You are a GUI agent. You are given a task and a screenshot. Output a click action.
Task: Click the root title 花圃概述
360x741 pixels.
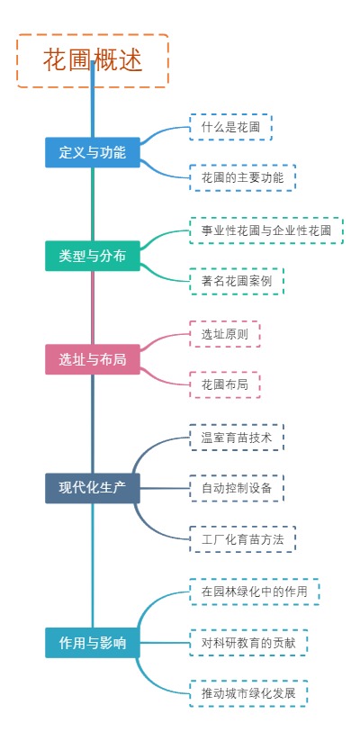(93, 60)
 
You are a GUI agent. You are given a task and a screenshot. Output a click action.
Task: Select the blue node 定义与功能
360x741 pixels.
(93, 152)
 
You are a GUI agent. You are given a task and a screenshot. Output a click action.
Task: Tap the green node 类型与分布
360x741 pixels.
(93, 256)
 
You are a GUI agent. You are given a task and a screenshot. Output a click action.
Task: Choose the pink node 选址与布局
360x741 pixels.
(93, 359)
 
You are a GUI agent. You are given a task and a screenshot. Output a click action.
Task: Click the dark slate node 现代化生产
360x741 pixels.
(93, 488)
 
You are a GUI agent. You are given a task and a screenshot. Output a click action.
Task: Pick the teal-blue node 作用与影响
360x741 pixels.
(93, 643)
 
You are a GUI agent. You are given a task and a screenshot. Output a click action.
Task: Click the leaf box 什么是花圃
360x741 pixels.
(230, 127)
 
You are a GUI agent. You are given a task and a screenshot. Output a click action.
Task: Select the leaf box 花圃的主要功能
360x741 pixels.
(242, 177)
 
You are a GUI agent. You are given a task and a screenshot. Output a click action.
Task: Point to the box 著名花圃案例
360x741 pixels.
(237, 281)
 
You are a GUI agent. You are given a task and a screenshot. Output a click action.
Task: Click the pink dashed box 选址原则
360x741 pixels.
(224, 334)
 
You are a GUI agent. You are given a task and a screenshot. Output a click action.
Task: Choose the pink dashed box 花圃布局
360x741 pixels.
(224, 384)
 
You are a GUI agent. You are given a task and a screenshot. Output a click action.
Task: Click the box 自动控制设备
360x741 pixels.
(237, 488)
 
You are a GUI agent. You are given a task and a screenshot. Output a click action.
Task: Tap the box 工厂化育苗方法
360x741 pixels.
(242, 538)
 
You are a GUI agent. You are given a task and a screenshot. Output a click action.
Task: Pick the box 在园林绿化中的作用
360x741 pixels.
(254, 592)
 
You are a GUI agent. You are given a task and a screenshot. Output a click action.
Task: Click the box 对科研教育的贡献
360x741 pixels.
(248, 643)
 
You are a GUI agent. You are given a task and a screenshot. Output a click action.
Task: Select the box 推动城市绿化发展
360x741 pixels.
(248, 693)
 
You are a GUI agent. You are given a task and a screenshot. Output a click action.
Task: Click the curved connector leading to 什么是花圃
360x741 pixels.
(163, 131)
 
